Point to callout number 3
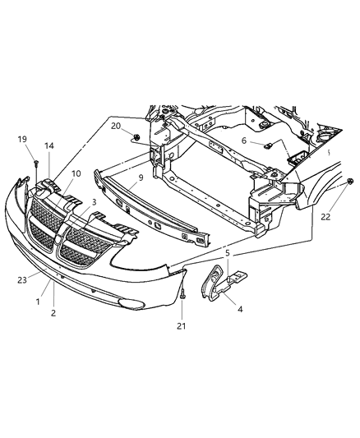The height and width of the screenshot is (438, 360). [x=95, y=201]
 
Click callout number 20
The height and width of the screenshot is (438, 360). [x=117, y=125]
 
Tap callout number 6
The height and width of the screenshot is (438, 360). [x=244, y=141]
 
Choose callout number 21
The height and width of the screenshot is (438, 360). [x=182, y=328]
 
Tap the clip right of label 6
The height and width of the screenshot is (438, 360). [x=269, y=146]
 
